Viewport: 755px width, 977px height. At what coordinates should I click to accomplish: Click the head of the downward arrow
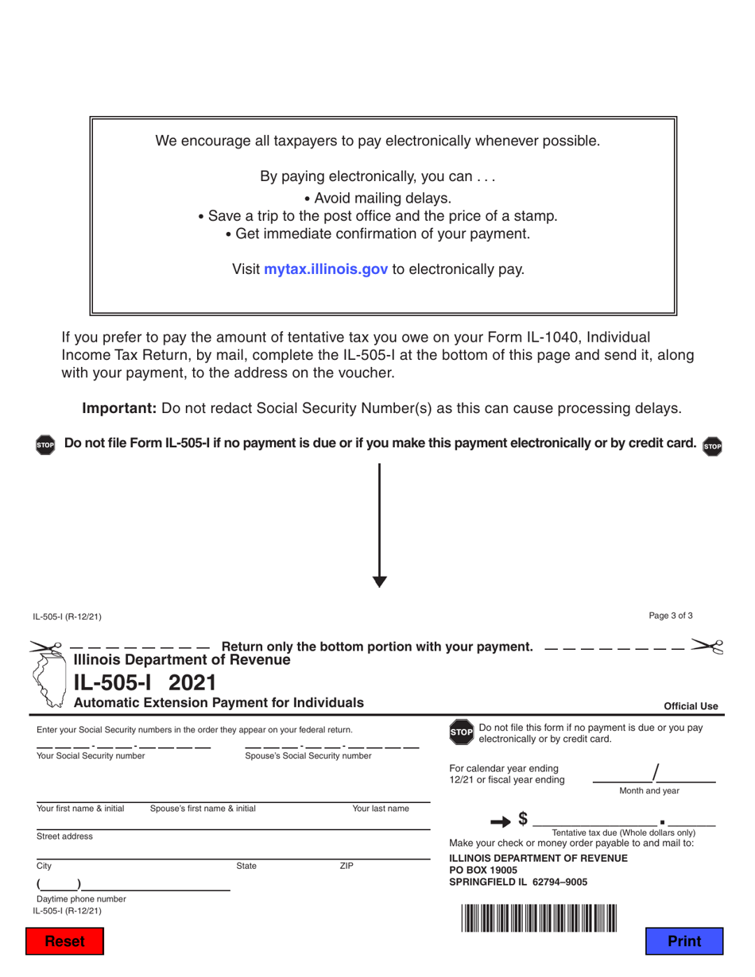[x=379, y=580]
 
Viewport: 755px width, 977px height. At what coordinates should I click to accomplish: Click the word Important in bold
[x=119, y=408]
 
